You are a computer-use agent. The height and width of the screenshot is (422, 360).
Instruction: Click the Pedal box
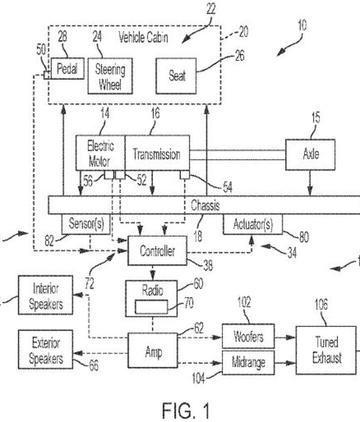tap(66, 69)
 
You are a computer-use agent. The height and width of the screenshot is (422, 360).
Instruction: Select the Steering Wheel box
tap(111, 76)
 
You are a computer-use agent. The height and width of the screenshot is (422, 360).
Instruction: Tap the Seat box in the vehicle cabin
tap(176, 75)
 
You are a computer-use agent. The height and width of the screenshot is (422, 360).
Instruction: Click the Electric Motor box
tap(100, 153)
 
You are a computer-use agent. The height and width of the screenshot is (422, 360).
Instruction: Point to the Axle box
tap(310, 153)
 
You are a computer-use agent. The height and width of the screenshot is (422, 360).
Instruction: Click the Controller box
tap(157, 251)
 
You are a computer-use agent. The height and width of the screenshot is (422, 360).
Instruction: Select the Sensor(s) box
tap(85, 225)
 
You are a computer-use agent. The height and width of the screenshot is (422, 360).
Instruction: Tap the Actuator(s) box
tap(252, 225)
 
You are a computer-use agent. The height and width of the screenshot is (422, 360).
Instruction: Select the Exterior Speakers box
tap(45, 351)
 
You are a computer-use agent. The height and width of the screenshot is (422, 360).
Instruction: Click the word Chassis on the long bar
tap(205, 205)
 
